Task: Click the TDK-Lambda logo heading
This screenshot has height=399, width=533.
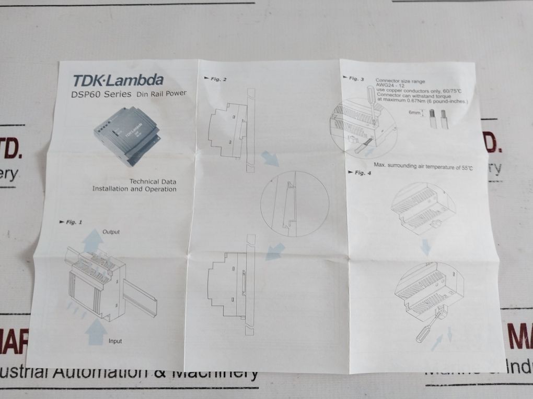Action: click(x=118, y=80)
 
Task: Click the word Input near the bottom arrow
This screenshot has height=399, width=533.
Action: click(x=115, y=341)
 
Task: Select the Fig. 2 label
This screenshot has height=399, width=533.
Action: click(x=218, y=79)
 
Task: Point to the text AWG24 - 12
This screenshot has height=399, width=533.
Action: click(x=388, y=87)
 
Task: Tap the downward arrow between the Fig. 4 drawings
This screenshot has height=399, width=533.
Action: click(x=426, y=245)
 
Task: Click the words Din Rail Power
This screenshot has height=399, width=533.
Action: click(x=161, y=94)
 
